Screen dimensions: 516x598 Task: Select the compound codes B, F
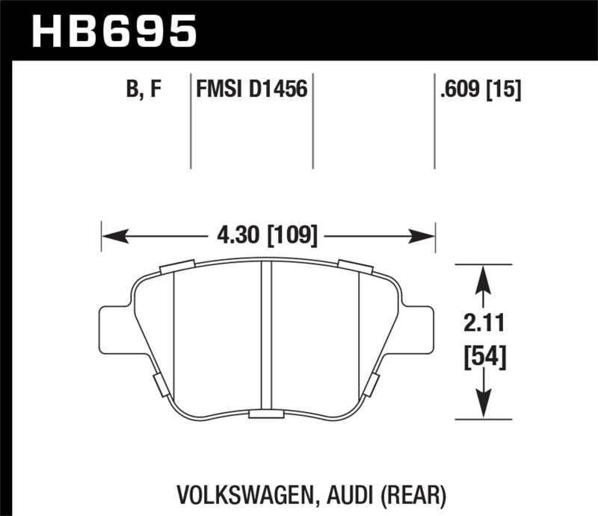(144, 90)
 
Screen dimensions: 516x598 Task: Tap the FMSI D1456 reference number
(251, 90)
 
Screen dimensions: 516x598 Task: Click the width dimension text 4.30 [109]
(268, 237)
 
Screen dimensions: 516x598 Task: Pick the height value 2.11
(484, 323)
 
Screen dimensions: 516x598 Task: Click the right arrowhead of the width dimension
(427, 237)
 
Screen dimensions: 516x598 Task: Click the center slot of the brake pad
(265, 336)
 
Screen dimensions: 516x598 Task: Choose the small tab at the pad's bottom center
(265, 414)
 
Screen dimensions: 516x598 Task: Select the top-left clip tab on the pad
(178, 266)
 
